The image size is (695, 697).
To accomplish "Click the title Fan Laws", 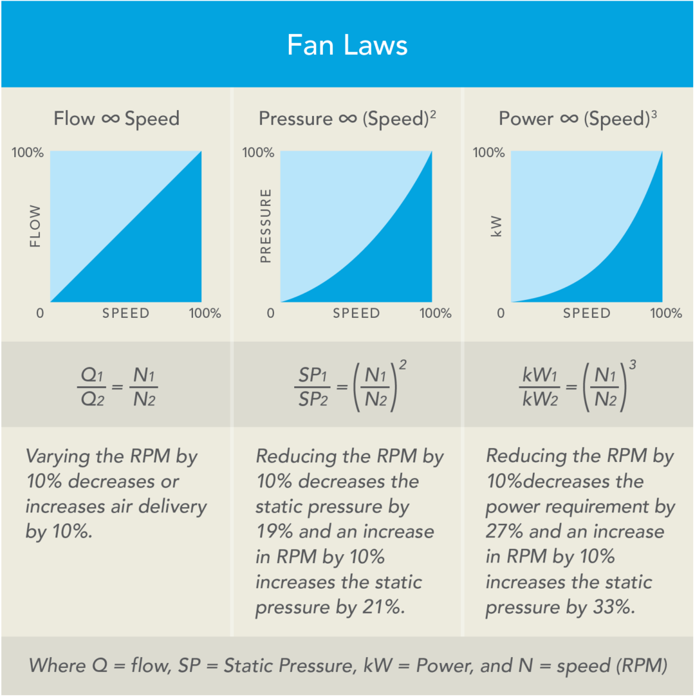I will tap(347, 46).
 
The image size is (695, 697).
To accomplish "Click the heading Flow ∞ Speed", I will tap(116, 118).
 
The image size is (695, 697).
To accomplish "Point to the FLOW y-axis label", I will tap(35, 227).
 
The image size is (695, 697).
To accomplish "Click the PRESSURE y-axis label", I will tap(265, 227).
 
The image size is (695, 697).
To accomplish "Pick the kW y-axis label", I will tap(496, 227).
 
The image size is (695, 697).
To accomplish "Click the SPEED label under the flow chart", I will tap(126, 313).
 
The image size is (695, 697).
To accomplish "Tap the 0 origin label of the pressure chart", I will tap(270, 313).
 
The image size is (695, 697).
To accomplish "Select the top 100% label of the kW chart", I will tap(488, 153).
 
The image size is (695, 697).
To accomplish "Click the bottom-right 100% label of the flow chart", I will tap(205, 313).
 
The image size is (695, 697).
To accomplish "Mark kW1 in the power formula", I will tap(540, 374).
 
